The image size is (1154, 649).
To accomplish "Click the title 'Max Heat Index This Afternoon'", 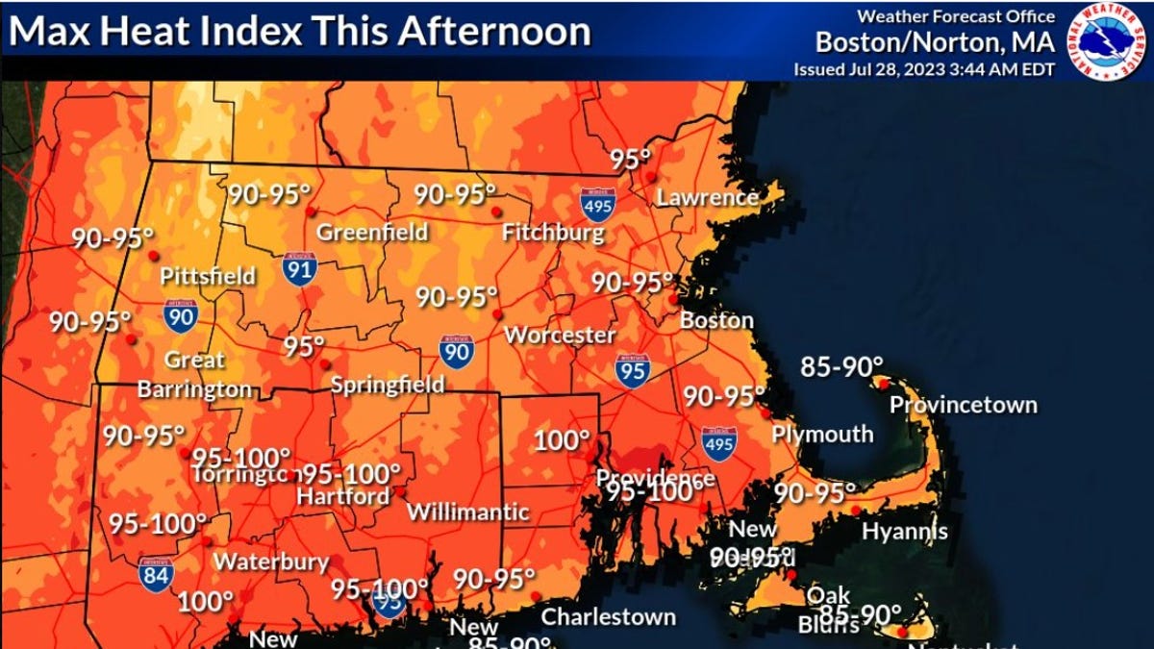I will [299, 32].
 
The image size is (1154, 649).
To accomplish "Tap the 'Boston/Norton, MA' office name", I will [935, 42].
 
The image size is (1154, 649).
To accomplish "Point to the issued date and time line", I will [923, 69].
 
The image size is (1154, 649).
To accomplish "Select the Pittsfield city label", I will [208, 277].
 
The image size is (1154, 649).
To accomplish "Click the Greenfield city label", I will [372, 233].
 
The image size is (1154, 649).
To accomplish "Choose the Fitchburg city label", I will [553, 233].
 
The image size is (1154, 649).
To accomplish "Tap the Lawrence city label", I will [707, 198].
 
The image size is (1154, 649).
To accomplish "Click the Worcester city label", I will [560, 336].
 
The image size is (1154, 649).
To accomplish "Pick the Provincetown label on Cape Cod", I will [963, 405].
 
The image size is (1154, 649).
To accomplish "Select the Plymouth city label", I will [822, 435].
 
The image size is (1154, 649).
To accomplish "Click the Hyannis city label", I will [904, 531].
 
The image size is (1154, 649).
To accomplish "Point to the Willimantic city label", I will [467, 512].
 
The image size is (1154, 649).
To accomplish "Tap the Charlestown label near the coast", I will [608, 616].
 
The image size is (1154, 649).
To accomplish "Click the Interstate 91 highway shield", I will [300, 268].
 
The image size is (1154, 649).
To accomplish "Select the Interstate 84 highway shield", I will [156, 574].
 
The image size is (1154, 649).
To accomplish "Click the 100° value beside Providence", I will [562, 441].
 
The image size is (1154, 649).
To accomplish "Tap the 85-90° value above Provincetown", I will [841, 366].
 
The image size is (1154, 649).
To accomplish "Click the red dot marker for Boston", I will [673, 299].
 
